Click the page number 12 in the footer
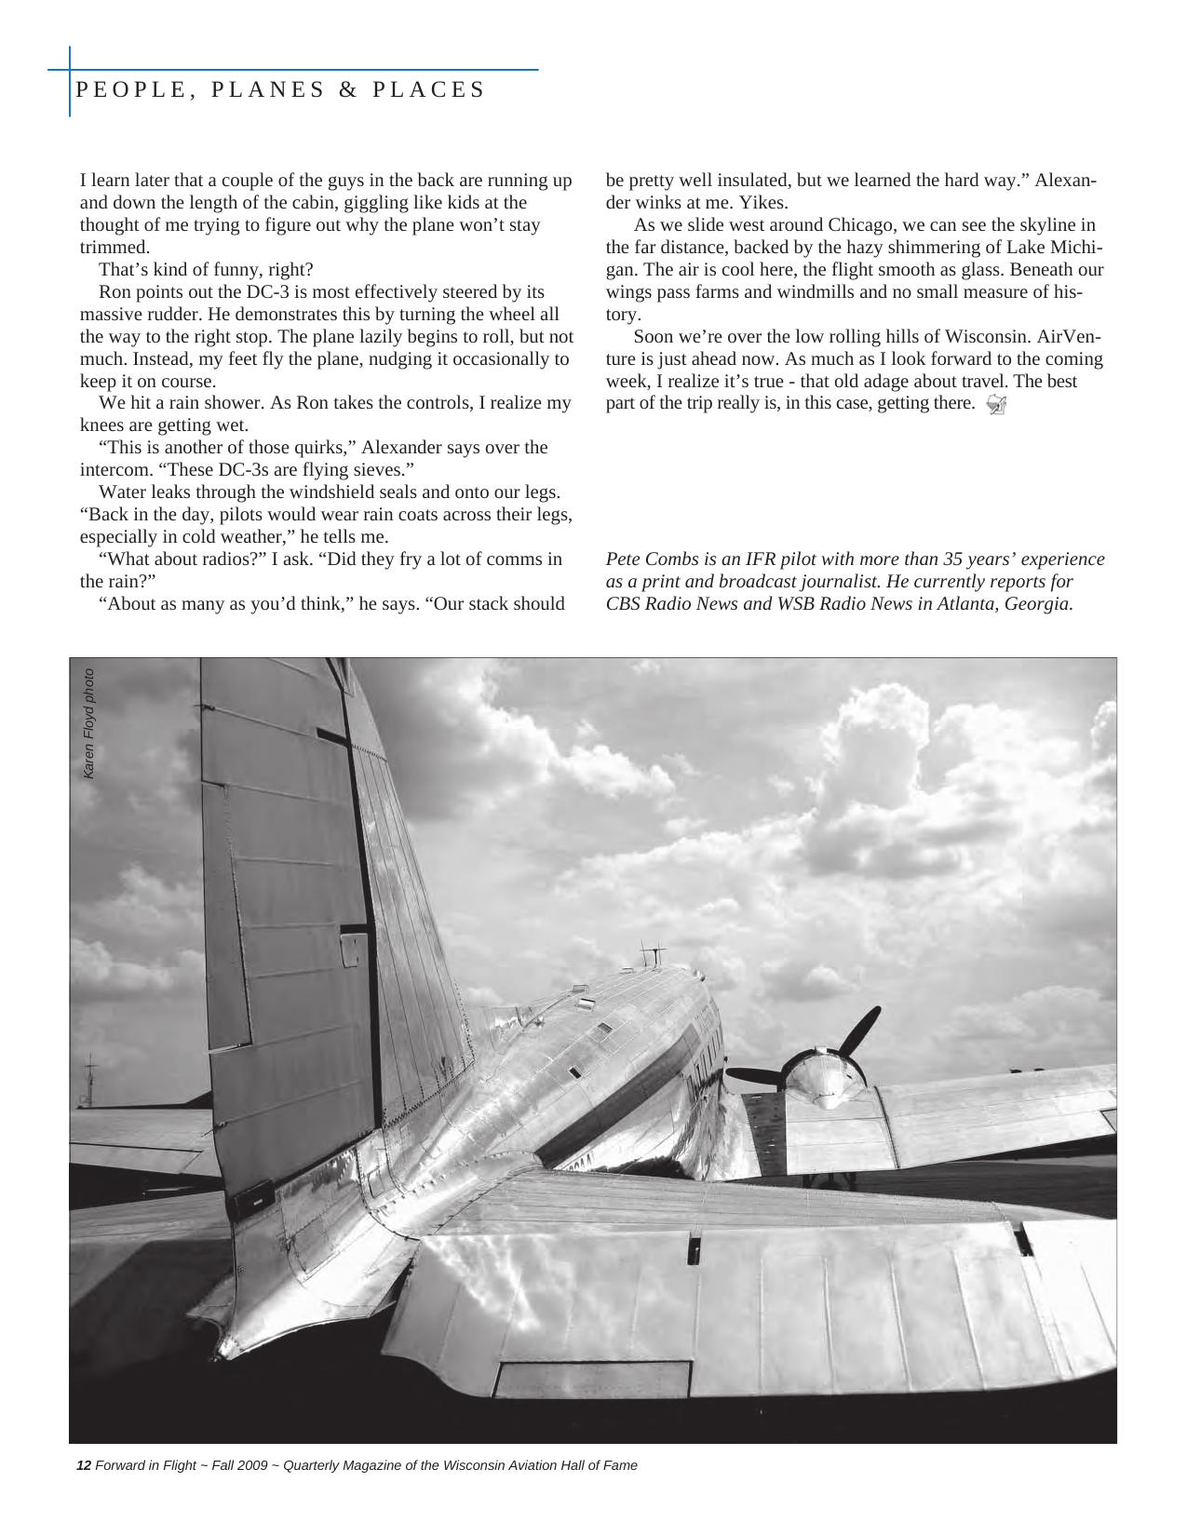click(83, 1465)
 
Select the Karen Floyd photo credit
click(88, 723)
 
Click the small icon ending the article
click(995, 404)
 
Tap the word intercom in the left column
click(115, 470)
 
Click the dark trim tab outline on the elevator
click(592, 1379)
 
